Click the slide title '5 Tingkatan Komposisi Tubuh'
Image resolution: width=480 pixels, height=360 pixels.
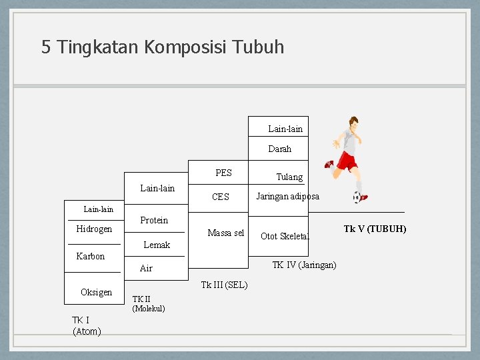pos(163,47)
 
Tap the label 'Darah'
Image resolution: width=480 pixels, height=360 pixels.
pos(279,149)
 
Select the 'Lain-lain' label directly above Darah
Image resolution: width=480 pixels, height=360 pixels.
pos(285,129)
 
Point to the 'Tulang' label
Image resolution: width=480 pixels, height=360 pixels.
pos(289,177)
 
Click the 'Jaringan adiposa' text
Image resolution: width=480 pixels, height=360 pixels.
pos(287,197)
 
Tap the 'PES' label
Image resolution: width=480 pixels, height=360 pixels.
pos(223,173)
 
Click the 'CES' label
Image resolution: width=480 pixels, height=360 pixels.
pos(220,197)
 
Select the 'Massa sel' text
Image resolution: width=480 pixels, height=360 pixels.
pos(225,233)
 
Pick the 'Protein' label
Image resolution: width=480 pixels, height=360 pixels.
pos(154,221)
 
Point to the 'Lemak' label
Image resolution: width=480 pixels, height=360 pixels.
pos(157,245)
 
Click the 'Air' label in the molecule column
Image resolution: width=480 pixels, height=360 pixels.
pos(146,269)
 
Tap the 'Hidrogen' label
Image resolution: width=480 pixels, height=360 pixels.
pos(94,229)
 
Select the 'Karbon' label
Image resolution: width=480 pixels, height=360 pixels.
pos(90,257)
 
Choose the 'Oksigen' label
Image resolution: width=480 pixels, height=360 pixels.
pos(96,293)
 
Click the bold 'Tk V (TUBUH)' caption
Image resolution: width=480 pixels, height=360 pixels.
pos(375,229)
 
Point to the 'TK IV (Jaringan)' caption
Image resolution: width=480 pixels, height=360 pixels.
pos(304,265)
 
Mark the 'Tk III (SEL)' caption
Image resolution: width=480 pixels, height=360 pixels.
pos(224,285)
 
